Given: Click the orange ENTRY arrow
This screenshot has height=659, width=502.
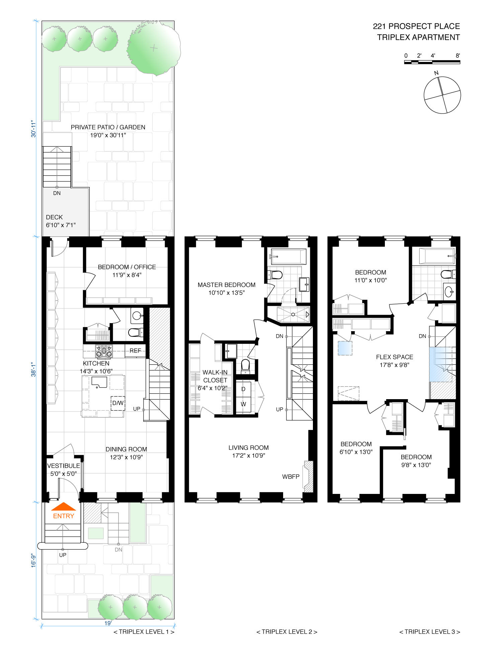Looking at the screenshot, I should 63,506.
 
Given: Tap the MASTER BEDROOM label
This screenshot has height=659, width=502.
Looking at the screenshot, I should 226,285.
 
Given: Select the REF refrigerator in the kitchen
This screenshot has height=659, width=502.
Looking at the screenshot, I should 135,351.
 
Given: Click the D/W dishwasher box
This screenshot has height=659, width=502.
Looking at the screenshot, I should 118,403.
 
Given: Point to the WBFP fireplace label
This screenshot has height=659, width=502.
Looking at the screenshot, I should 290,477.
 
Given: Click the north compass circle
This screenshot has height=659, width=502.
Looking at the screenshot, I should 442,95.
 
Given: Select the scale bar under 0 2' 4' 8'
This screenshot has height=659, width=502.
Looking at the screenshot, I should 432,62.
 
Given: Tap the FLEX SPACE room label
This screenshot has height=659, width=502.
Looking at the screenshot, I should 394,357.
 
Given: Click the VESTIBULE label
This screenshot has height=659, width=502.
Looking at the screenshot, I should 64,466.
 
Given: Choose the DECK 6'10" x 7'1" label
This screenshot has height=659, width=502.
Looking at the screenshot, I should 61,221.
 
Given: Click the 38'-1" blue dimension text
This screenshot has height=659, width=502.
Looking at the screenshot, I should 34,369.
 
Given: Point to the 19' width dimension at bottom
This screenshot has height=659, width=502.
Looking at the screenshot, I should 108,623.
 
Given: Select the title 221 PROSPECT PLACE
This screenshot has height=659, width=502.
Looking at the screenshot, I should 416,26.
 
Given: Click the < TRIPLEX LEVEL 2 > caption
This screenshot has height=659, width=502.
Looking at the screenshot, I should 286,632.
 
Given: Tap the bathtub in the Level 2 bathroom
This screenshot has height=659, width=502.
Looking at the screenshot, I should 288,257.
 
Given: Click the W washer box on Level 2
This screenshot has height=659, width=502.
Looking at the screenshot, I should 243,404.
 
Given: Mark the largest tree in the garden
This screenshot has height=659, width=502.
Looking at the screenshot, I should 154,48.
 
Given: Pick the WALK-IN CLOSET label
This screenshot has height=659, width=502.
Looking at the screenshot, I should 215,376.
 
